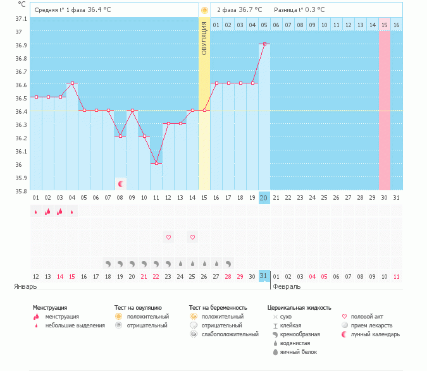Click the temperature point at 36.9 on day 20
click(x=264, y=44)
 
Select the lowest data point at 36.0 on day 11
click(x=156, y=163)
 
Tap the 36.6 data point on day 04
click(x=72, y=83)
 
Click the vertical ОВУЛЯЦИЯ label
click(x=204, y=38)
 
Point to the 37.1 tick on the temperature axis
click(x=21, y=19)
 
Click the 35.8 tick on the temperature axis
click(x=21, y=191)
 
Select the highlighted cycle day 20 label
click(x=264, y=198)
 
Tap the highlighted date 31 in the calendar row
click(x=264, y=276)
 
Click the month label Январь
click(x=25, y=286)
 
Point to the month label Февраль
click(x=287, y=286)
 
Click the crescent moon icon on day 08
click(x=121, y=184)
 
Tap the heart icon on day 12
click(x=168, y=237)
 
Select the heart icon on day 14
click(x=192, y=237)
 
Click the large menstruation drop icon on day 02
click(x=48, y=212)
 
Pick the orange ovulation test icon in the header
click(x=204, y=10)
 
